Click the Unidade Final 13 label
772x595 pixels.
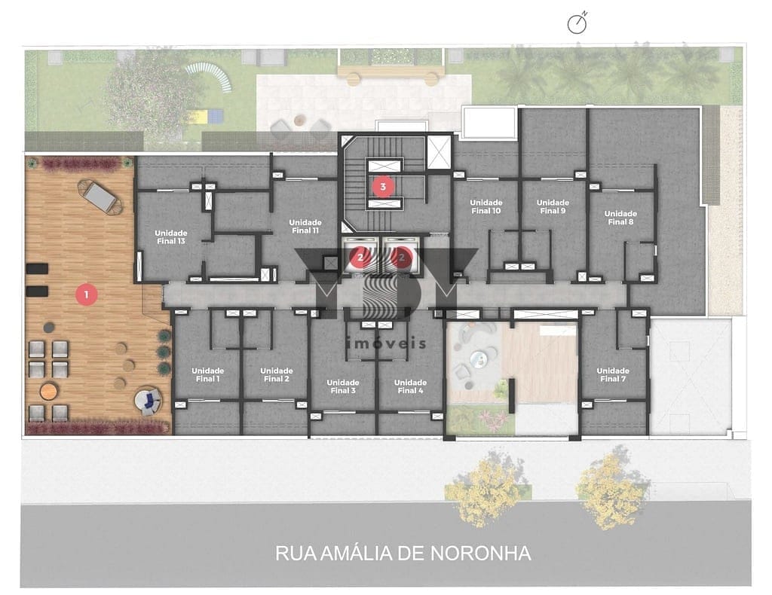(x=171, y=237)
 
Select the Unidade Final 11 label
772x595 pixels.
(x=305, y=226)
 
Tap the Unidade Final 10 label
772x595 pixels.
(x=486, y=206)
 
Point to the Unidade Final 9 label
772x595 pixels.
(x=553, y=206)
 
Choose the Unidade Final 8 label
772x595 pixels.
(x=620, y=218)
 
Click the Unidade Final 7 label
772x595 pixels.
(x=613, y=375)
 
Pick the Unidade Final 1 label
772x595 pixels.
(x=208, y=375)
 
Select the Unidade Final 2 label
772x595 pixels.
(x=276, y=375)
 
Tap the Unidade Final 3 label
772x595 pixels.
(x=343, y=386)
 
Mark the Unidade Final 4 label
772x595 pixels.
(x=410, y=386)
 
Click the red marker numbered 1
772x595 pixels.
(x=87, y=294)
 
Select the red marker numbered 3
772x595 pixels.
(x=383, y=187)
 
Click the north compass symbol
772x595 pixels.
(x=577, y=23)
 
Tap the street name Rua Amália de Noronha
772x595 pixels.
(x=403, y=554)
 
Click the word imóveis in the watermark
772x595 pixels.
(x=386, y=343)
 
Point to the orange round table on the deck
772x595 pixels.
(x=48, y=392)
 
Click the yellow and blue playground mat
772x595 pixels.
(x=204, y=117)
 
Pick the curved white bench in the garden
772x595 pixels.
(x=210, y=77)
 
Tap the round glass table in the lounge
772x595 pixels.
(x=476, y=358)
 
